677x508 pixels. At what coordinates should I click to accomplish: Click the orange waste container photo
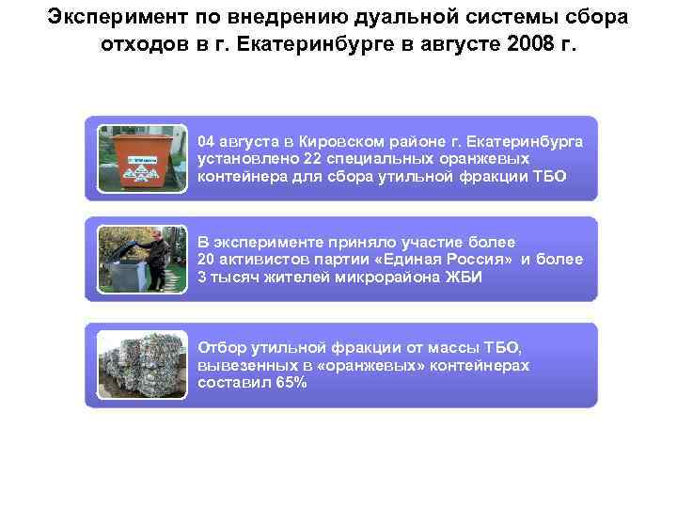(x=137, y=157)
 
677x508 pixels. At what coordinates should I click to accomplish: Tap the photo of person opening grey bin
(x=137, y=258)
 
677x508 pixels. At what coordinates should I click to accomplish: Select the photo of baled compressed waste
(x=137, y=365)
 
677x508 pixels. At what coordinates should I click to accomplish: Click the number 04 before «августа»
(x=207, y=141)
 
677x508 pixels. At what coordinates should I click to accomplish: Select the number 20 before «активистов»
(x=207, y=259)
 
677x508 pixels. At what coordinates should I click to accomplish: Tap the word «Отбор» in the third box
(x=219, y=348)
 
